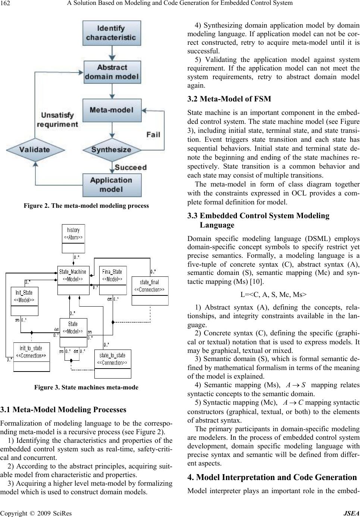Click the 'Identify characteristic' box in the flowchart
pos(112,33)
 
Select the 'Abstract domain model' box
pos(112,72)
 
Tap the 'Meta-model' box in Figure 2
pos(112,110)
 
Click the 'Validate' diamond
pos(35,150)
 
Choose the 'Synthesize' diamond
pos(112,150)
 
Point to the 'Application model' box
pos(112,185)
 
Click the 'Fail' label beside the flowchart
pos(153,134)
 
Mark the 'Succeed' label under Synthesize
pos(130,167)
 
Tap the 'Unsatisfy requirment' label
pos(57,119)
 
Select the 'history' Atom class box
pos(73,238)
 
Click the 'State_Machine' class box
pos(73,280)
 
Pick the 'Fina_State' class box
pos(113,280)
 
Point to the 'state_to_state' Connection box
pos(112,364)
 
